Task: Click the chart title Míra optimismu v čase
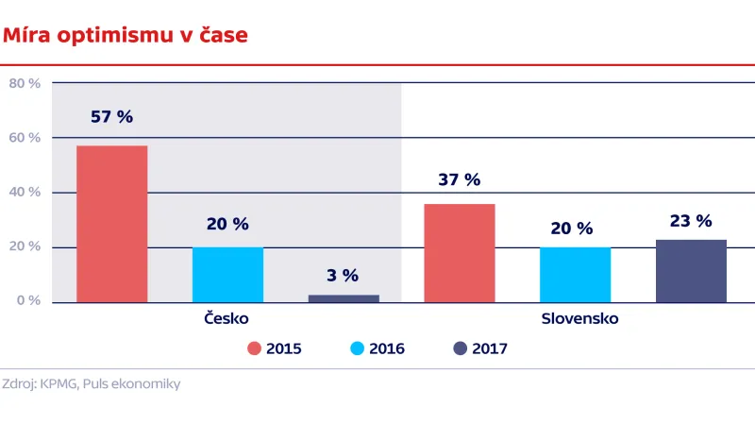[126, 36]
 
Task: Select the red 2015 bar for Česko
[111, 224]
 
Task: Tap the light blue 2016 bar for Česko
[227, 274]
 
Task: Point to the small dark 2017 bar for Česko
[344, 298]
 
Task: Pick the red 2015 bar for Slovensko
[460, 253]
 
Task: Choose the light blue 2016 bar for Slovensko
[575, 274]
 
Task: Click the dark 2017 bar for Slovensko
[691, 271]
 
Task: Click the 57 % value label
[111, 118]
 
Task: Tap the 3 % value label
[344, 276]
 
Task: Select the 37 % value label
[460, 179]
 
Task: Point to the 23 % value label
[691, 221]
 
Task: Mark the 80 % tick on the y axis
[25, 83]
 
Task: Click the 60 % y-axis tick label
[25, 138]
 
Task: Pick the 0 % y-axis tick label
[28, 301]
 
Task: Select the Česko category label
[227, 319]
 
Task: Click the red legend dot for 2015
[254, 348]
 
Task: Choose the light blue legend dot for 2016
[357, 348]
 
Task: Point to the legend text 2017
[491, 348]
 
